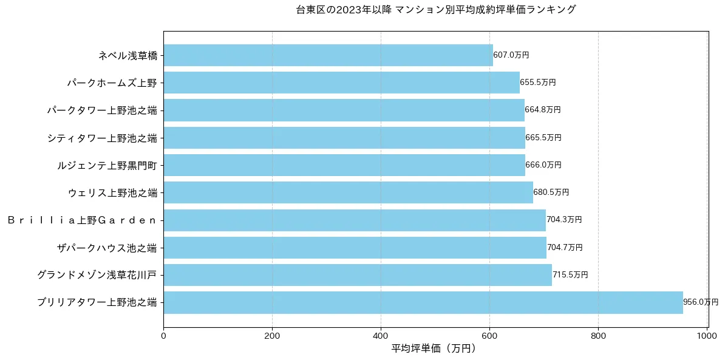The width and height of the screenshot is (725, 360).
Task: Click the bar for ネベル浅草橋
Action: point(328,55)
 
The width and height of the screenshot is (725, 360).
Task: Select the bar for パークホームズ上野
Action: point(341,83)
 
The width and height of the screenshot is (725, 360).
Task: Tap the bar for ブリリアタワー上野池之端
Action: point(423,302)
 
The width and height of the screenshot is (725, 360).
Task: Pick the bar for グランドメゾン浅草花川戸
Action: point(357,275)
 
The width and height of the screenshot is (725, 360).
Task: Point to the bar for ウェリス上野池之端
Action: point(348,192)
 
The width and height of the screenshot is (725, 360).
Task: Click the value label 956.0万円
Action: point(700,302)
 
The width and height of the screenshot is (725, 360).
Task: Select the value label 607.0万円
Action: point(511,55)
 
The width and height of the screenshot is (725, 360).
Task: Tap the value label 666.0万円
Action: point(543,165)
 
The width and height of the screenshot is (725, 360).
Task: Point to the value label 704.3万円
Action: point(564,220)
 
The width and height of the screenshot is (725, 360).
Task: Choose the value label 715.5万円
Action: point(570,275)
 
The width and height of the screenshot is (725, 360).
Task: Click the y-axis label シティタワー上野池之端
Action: point(102,138)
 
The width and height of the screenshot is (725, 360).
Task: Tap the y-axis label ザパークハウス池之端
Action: point(106,248)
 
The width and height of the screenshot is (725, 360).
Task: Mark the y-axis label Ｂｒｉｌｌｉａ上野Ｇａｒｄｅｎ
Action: point(82,220)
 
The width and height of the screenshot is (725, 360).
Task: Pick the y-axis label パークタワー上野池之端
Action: point(102,110)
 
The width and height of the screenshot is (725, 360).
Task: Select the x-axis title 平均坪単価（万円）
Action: point(433,348)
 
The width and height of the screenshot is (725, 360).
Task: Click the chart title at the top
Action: point(435,10)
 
